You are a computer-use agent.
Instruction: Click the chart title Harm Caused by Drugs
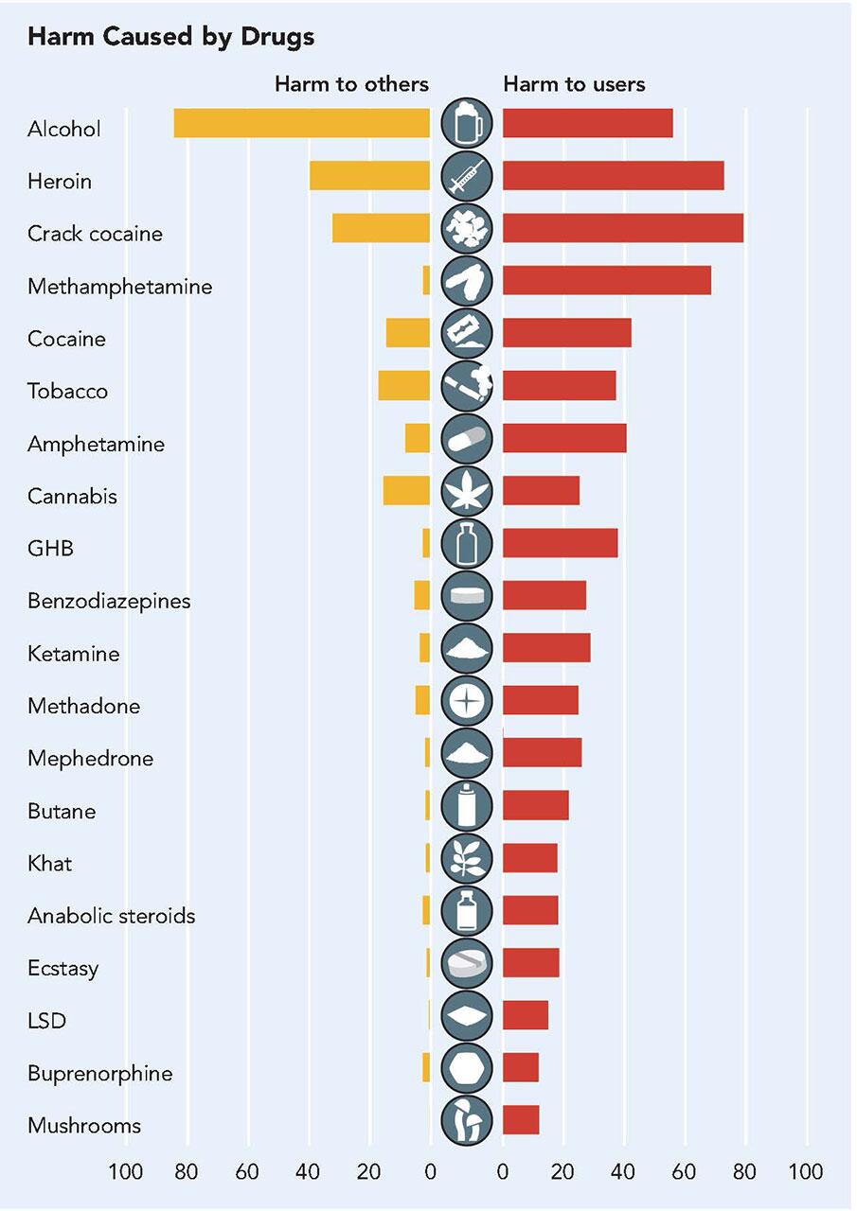point(170,37)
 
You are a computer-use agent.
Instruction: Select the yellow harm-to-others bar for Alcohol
point(301,124)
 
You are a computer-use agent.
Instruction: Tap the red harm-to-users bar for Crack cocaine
point(622,229)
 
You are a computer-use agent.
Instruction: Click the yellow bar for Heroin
point(369,176)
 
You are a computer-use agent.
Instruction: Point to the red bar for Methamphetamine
point(606,281)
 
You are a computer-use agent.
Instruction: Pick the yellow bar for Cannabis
point(406,491)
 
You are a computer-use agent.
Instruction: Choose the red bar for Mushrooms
point(521,1120)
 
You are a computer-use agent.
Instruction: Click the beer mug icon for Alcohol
point(467,124)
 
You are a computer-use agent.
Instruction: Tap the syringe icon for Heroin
point(467,177)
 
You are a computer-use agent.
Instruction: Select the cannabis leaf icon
point(467,491)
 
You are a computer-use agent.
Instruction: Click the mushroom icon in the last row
point(467,1121)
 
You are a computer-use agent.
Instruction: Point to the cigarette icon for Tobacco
point(467,386)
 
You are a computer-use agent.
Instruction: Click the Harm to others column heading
point(351,84)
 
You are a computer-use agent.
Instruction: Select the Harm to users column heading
point(574,84)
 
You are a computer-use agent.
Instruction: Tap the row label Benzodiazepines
point(109,601)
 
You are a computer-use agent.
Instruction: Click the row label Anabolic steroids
point(112,916)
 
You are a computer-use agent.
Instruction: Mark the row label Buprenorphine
point(100,1074)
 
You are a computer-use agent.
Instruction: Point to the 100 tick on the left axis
point(125,1172)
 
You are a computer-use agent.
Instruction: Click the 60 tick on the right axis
point(684,1172)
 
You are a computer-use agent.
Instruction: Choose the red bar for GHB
point(560,543)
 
